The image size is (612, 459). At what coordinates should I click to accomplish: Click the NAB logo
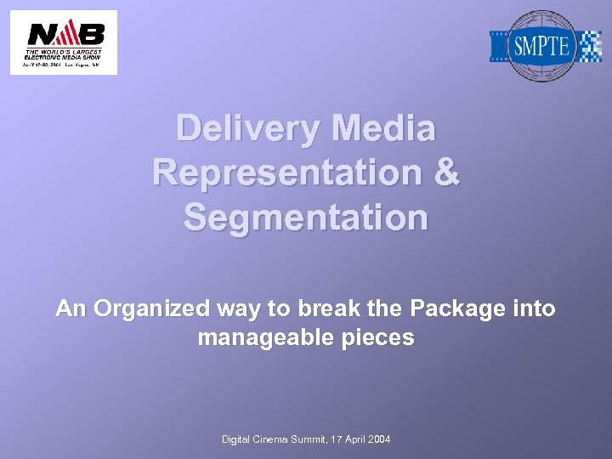tap(64, 42)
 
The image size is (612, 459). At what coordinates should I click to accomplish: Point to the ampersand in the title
tap(446, 173)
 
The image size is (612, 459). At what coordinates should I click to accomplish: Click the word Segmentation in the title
tap(306, 218)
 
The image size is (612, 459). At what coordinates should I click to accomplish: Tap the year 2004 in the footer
tap(378, 439)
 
